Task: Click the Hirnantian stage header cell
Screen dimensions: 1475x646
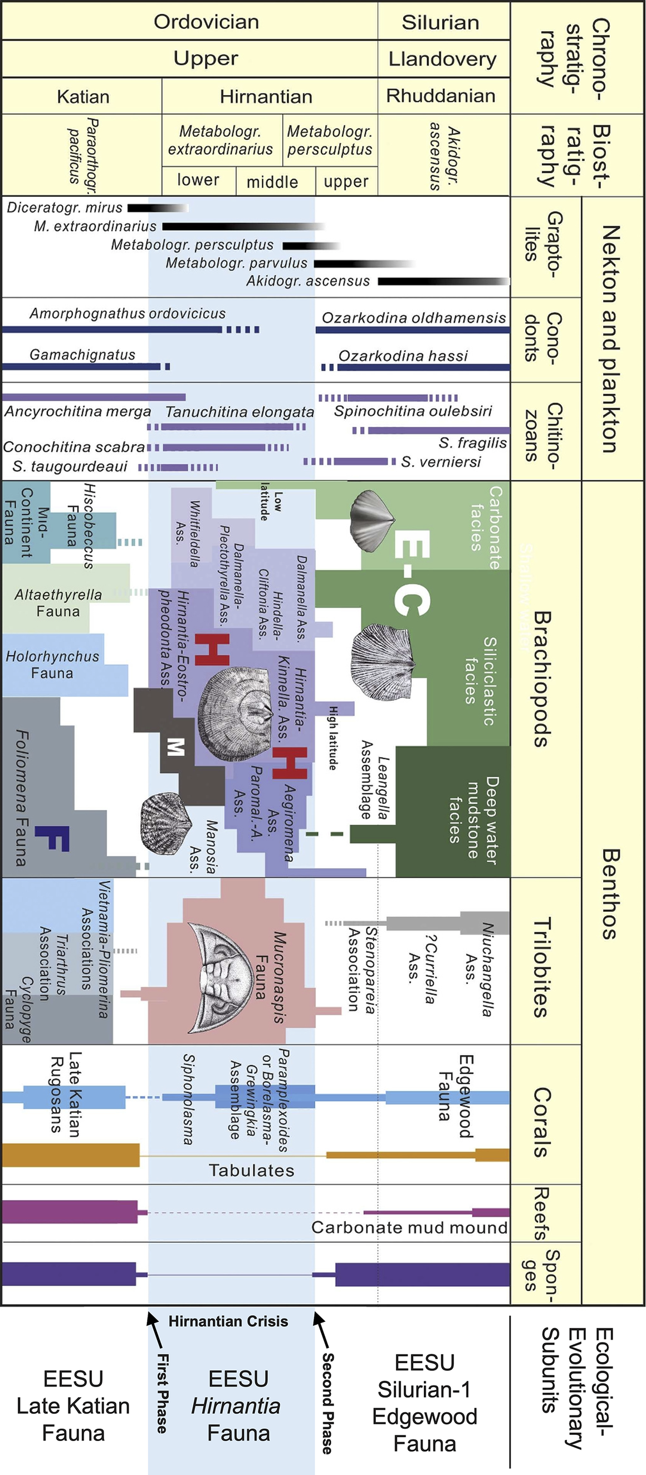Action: [x=266, y=96]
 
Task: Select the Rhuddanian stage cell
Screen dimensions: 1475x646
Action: [x=441, y=96]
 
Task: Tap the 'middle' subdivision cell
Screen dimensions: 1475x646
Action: [x=273, y=182]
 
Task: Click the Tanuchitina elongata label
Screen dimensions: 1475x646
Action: [x=239, y=412]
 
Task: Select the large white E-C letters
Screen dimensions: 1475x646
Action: [x=412, y=573]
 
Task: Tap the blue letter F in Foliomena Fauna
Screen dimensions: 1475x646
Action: [x=53, y=838]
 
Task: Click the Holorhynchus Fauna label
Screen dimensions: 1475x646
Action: [x=52, y=664]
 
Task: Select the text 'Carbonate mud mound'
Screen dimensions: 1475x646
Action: [x=409, y=1227]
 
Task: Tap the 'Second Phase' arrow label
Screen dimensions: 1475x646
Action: [x=327, y=1403]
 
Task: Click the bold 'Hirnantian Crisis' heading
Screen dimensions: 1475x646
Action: [x=228, y=1321]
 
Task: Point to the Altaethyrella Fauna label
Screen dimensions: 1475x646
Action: [x=58, y=603]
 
